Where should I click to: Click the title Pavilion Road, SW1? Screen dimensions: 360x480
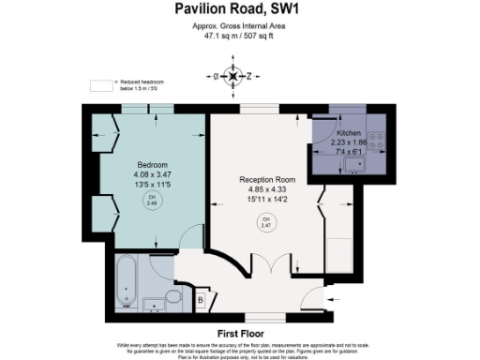(x=239, y=9)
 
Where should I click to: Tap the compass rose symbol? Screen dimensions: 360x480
(x=233, y=76)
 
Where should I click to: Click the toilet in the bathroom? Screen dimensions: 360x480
(x=174, y=299)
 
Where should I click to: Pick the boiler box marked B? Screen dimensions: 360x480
(x=202, y=299)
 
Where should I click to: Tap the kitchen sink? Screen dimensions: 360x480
(x=354, y=165)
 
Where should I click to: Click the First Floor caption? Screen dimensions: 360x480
(x=239, y=333)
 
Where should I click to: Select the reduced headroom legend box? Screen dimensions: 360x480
(x=99, y=85)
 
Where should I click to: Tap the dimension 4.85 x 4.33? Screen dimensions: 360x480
(x=265, y=189)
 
